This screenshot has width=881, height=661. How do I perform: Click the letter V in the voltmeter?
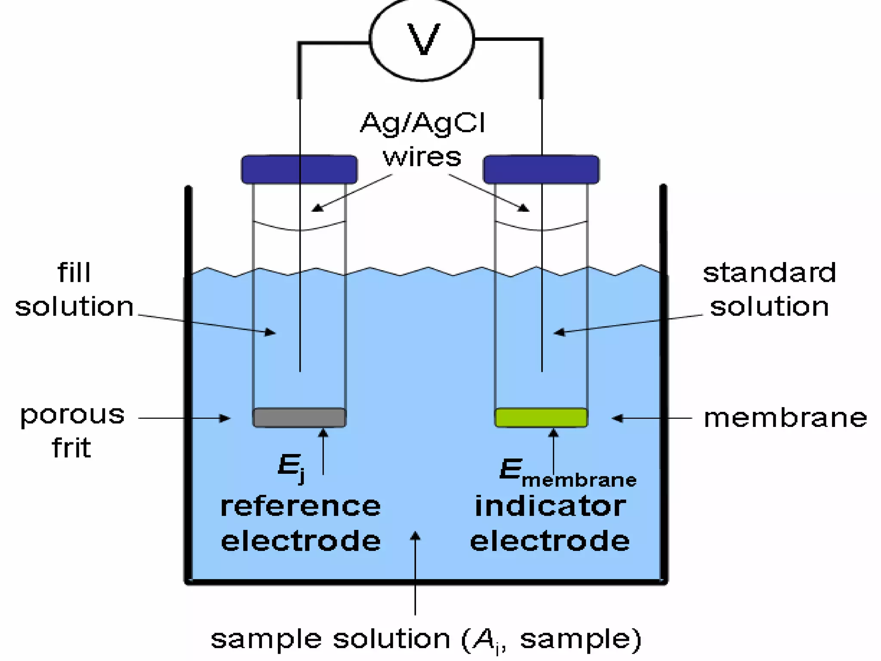(423, 40)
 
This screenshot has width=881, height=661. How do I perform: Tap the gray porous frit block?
(299, 417)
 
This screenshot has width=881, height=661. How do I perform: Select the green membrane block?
(541, 417)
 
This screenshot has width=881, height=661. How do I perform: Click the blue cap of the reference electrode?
(299, 170)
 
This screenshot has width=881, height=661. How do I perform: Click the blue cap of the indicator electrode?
(541, 170)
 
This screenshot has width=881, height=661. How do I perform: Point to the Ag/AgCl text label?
(422, 124)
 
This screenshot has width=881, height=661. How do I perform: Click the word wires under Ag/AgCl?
(422, 157)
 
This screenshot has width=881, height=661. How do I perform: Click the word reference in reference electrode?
(300, 507)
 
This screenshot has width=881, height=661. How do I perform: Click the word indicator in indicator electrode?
(550, 507)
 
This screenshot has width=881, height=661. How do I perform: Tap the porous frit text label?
(72, 431)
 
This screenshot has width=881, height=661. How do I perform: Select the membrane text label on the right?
(785, 418)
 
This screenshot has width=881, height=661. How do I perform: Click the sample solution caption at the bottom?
(426, 639)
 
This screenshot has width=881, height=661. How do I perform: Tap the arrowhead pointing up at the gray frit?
(323, 432)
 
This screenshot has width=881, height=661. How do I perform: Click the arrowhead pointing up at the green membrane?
(554, 432)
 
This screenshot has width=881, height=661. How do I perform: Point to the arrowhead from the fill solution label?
(271, 332)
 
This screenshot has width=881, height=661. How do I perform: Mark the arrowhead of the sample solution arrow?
(415, 535)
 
